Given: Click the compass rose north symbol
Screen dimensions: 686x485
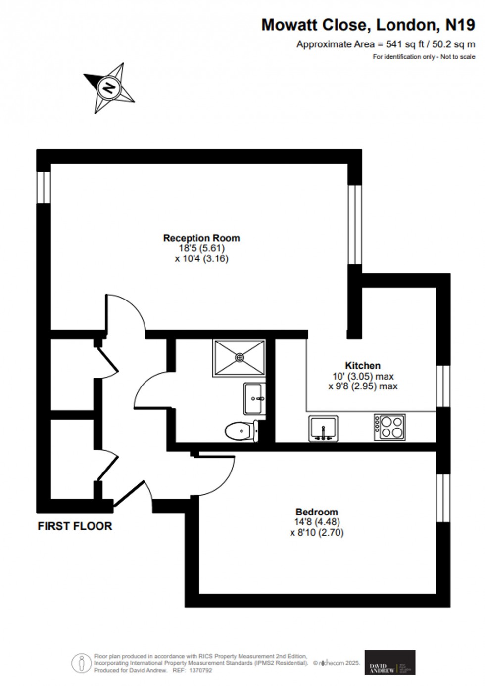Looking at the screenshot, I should click(109, 88).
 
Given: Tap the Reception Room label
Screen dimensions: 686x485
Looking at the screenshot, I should click(201, 238).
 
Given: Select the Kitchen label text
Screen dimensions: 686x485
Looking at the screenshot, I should click(363, 366).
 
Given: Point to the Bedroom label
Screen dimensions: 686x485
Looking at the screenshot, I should click(317, 512).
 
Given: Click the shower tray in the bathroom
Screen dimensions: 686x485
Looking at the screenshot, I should click(240, 357).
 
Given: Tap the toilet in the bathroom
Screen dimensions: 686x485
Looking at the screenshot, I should click(241, 431).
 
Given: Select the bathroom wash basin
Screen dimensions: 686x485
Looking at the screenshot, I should click(254, 398).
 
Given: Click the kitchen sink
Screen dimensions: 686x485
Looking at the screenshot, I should click(323, 428).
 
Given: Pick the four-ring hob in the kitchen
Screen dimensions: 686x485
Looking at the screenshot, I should click(389, 427).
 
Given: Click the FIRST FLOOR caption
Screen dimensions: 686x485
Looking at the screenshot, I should click(75, 526).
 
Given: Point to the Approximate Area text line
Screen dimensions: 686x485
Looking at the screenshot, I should click(386, 44).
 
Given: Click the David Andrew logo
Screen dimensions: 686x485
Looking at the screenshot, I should click(389, 662).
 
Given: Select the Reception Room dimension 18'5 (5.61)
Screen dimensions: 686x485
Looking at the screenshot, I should click(201, 248).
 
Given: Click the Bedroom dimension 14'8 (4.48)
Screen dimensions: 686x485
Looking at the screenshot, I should click(317, 522).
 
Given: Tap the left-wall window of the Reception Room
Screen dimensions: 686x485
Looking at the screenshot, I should click(45, 187).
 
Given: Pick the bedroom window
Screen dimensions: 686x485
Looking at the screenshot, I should click(443, 498).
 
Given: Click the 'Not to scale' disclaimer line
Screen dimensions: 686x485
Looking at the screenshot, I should click(424, 57).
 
